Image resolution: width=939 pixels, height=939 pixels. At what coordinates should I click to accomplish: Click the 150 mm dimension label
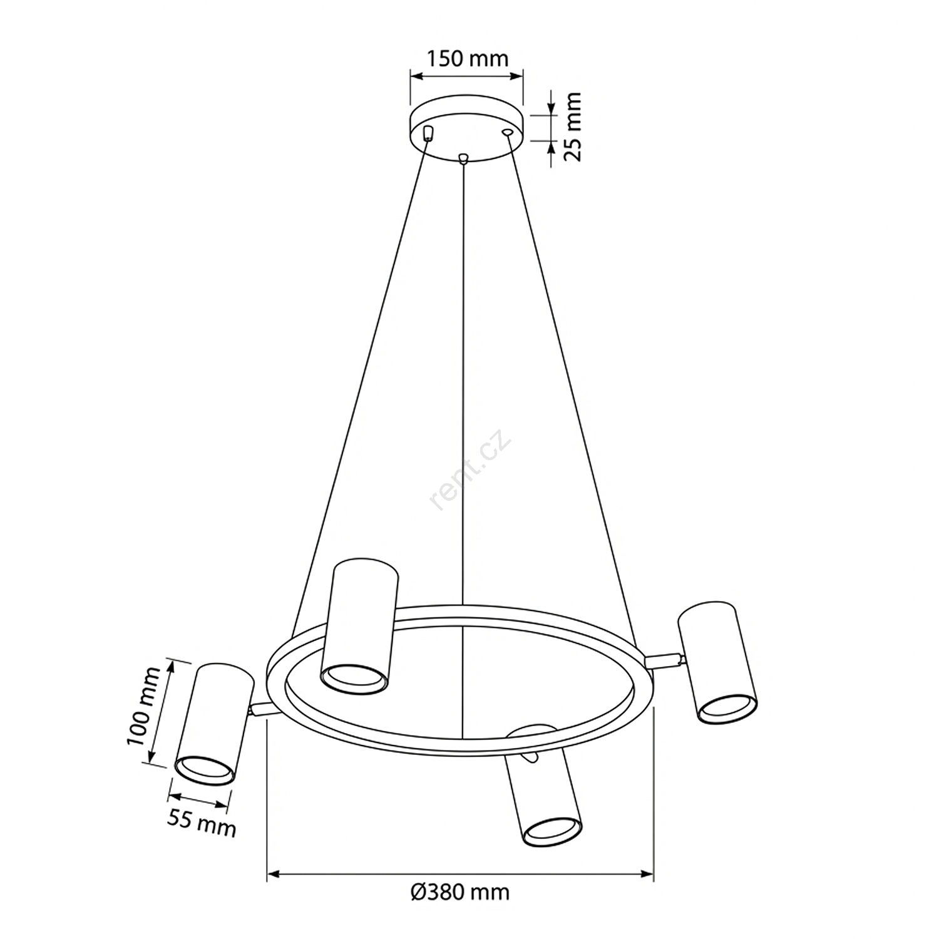pyautogui.click(x=468, y=59)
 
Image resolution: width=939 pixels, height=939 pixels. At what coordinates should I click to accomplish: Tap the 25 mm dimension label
pyautogui.click(x=572, y=126)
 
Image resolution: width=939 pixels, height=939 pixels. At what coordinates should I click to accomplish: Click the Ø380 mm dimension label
pyautogui.click(x=460, y=891)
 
